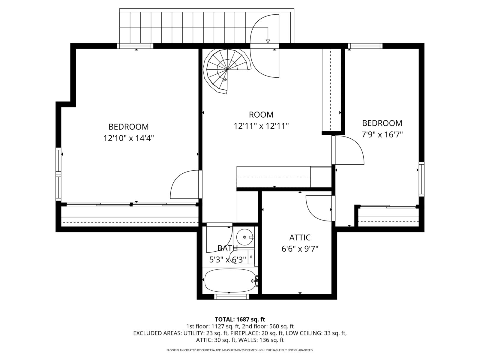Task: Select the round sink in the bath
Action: [245, 237]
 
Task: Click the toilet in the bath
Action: [240, 257]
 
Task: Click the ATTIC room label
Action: [300, 238]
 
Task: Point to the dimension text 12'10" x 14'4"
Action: [129, 138]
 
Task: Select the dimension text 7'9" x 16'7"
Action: [382, 134]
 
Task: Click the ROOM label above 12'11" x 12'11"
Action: [261, 115]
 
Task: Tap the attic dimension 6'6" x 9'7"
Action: [300, 249]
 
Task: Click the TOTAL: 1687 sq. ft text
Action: [240, 319]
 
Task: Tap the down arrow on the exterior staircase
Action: [268, 41]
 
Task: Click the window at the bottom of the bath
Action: [232, 297]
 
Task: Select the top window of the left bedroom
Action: [135, 46]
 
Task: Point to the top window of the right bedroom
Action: [365, 46]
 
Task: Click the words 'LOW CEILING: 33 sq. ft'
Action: [316, 333]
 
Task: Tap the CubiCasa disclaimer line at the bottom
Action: [240, 350]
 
